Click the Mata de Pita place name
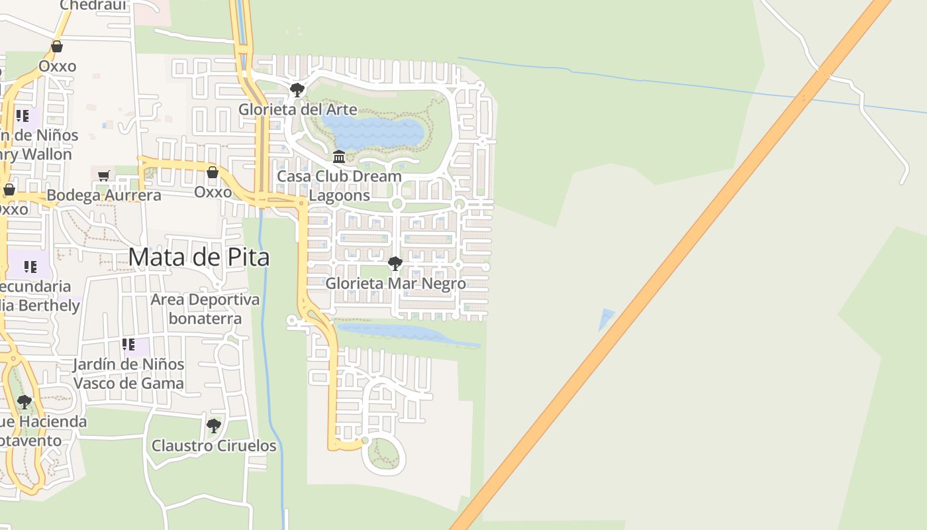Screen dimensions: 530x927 tap(199, 256)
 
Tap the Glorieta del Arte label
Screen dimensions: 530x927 tap(297, 109)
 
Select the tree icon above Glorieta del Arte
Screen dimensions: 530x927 tap(297, 89)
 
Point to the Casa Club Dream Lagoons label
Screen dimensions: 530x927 tap(338, 185)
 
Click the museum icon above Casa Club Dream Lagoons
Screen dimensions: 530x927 tap(339, 157)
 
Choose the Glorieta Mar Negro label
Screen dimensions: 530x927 tap(395, 284)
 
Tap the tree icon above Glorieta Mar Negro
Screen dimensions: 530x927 tap(395, 264)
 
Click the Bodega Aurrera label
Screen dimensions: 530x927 tap(104, 195)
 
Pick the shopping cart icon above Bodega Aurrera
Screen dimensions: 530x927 tap(104, 176)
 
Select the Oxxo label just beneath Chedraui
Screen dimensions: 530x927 tap(57, 66)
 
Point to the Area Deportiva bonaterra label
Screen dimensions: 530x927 tap(205, 309)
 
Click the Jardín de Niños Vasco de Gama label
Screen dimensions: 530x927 tap(128, 374)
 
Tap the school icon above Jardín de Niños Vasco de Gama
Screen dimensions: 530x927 tap(128, 344)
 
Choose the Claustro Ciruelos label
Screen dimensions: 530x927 tap(214, 445)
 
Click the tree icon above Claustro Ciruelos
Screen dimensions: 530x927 tap(213, 425)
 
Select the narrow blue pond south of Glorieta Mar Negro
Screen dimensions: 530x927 tap(404, 333)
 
